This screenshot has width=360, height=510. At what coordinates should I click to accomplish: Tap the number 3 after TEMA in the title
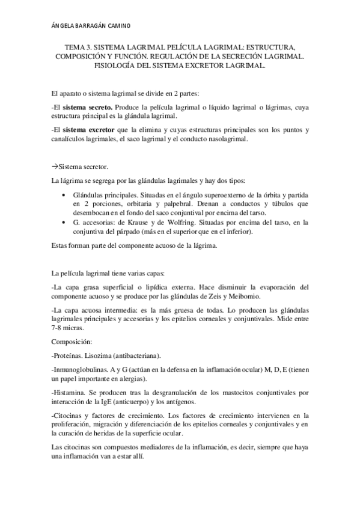point(91,46)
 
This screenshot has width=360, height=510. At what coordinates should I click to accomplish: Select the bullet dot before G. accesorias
point(64,223)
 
